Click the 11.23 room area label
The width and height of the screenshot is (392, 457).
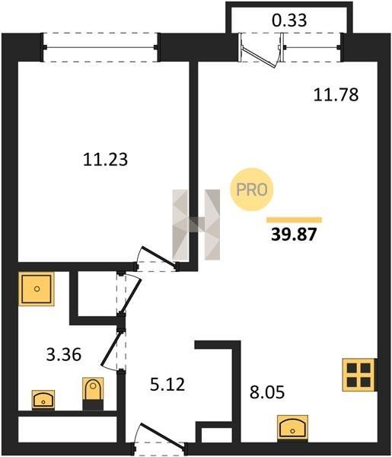click(106, 160)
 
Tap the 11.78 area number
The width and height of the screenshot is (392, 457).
click(336, 95)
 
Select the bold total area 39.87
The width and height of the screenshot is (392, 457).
click(294, 235)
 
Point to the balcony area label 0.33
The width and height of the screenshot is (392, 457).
click(289, 21)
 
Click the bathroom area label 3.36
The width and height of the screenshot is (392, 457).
click(64, 355)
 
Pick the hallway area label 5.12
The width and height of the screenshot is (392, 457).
click(167, 385)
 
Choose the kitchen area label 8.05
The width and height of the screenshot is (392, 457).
click(267, 392)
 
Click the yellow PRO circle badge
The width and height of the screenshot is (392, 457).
click(252, 190)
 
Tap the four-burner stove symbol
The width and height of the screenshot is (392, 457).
click(359, 374)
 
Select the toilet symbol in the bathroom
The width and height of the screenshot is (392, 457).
click(93, 393)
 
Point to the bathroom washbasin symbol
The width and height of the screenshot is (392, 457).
click(43, 399)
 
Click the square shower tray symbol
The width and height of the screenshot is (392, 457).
click(37, 289)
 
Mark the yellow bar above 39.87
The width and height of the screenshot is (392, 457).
click(294, 220)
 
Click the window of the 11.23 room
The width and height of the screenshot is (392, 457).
click(100, 47)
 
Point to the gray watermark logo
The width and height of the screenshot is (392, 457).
click(196, 225)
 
